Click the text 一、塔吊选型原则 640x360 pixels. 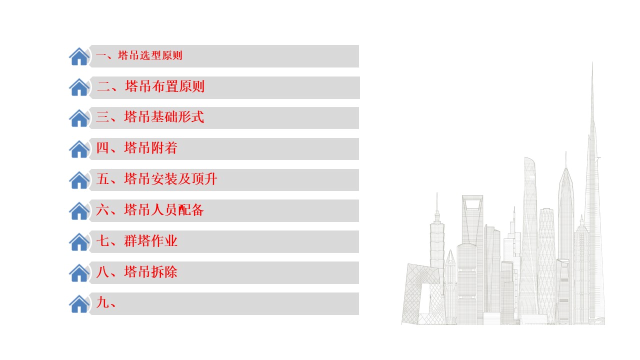coord(139,55)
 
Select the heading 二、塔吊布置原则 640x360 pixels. coord(150,86)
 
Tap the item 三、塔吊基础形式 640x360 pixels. coord(150,117)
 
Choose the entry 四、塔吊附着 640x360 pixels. coord(136,148)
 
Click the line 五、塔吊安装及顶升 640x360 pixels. coord(156,179)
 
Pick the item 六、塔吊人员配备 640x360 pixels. coord(150,210)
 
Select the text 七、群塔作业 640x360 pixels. coord(136,241)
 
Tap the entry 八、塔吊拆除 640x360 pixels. coord(136,271)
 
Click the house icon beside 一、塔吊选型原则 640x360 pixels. coord(79,56)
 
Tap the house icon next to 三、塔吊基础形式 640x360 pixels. coord(79,118)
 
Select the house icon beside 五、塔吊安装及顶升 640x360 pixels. coord(79,180)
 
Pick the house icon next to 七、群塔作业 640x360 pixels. coord(79,242)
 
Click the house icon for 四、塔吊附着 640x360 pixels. coord(79,149)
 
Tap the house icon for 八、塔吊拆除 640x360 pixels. coord(79,273)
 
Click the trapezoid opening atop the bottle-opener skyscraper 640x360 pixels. coord(472,204)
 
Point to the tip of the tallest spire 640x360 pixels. coord(592,62)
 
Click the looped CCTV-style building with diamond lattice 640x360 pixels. coord(421,294)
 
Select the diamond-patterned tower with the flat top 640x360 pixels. coord(546,265)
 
